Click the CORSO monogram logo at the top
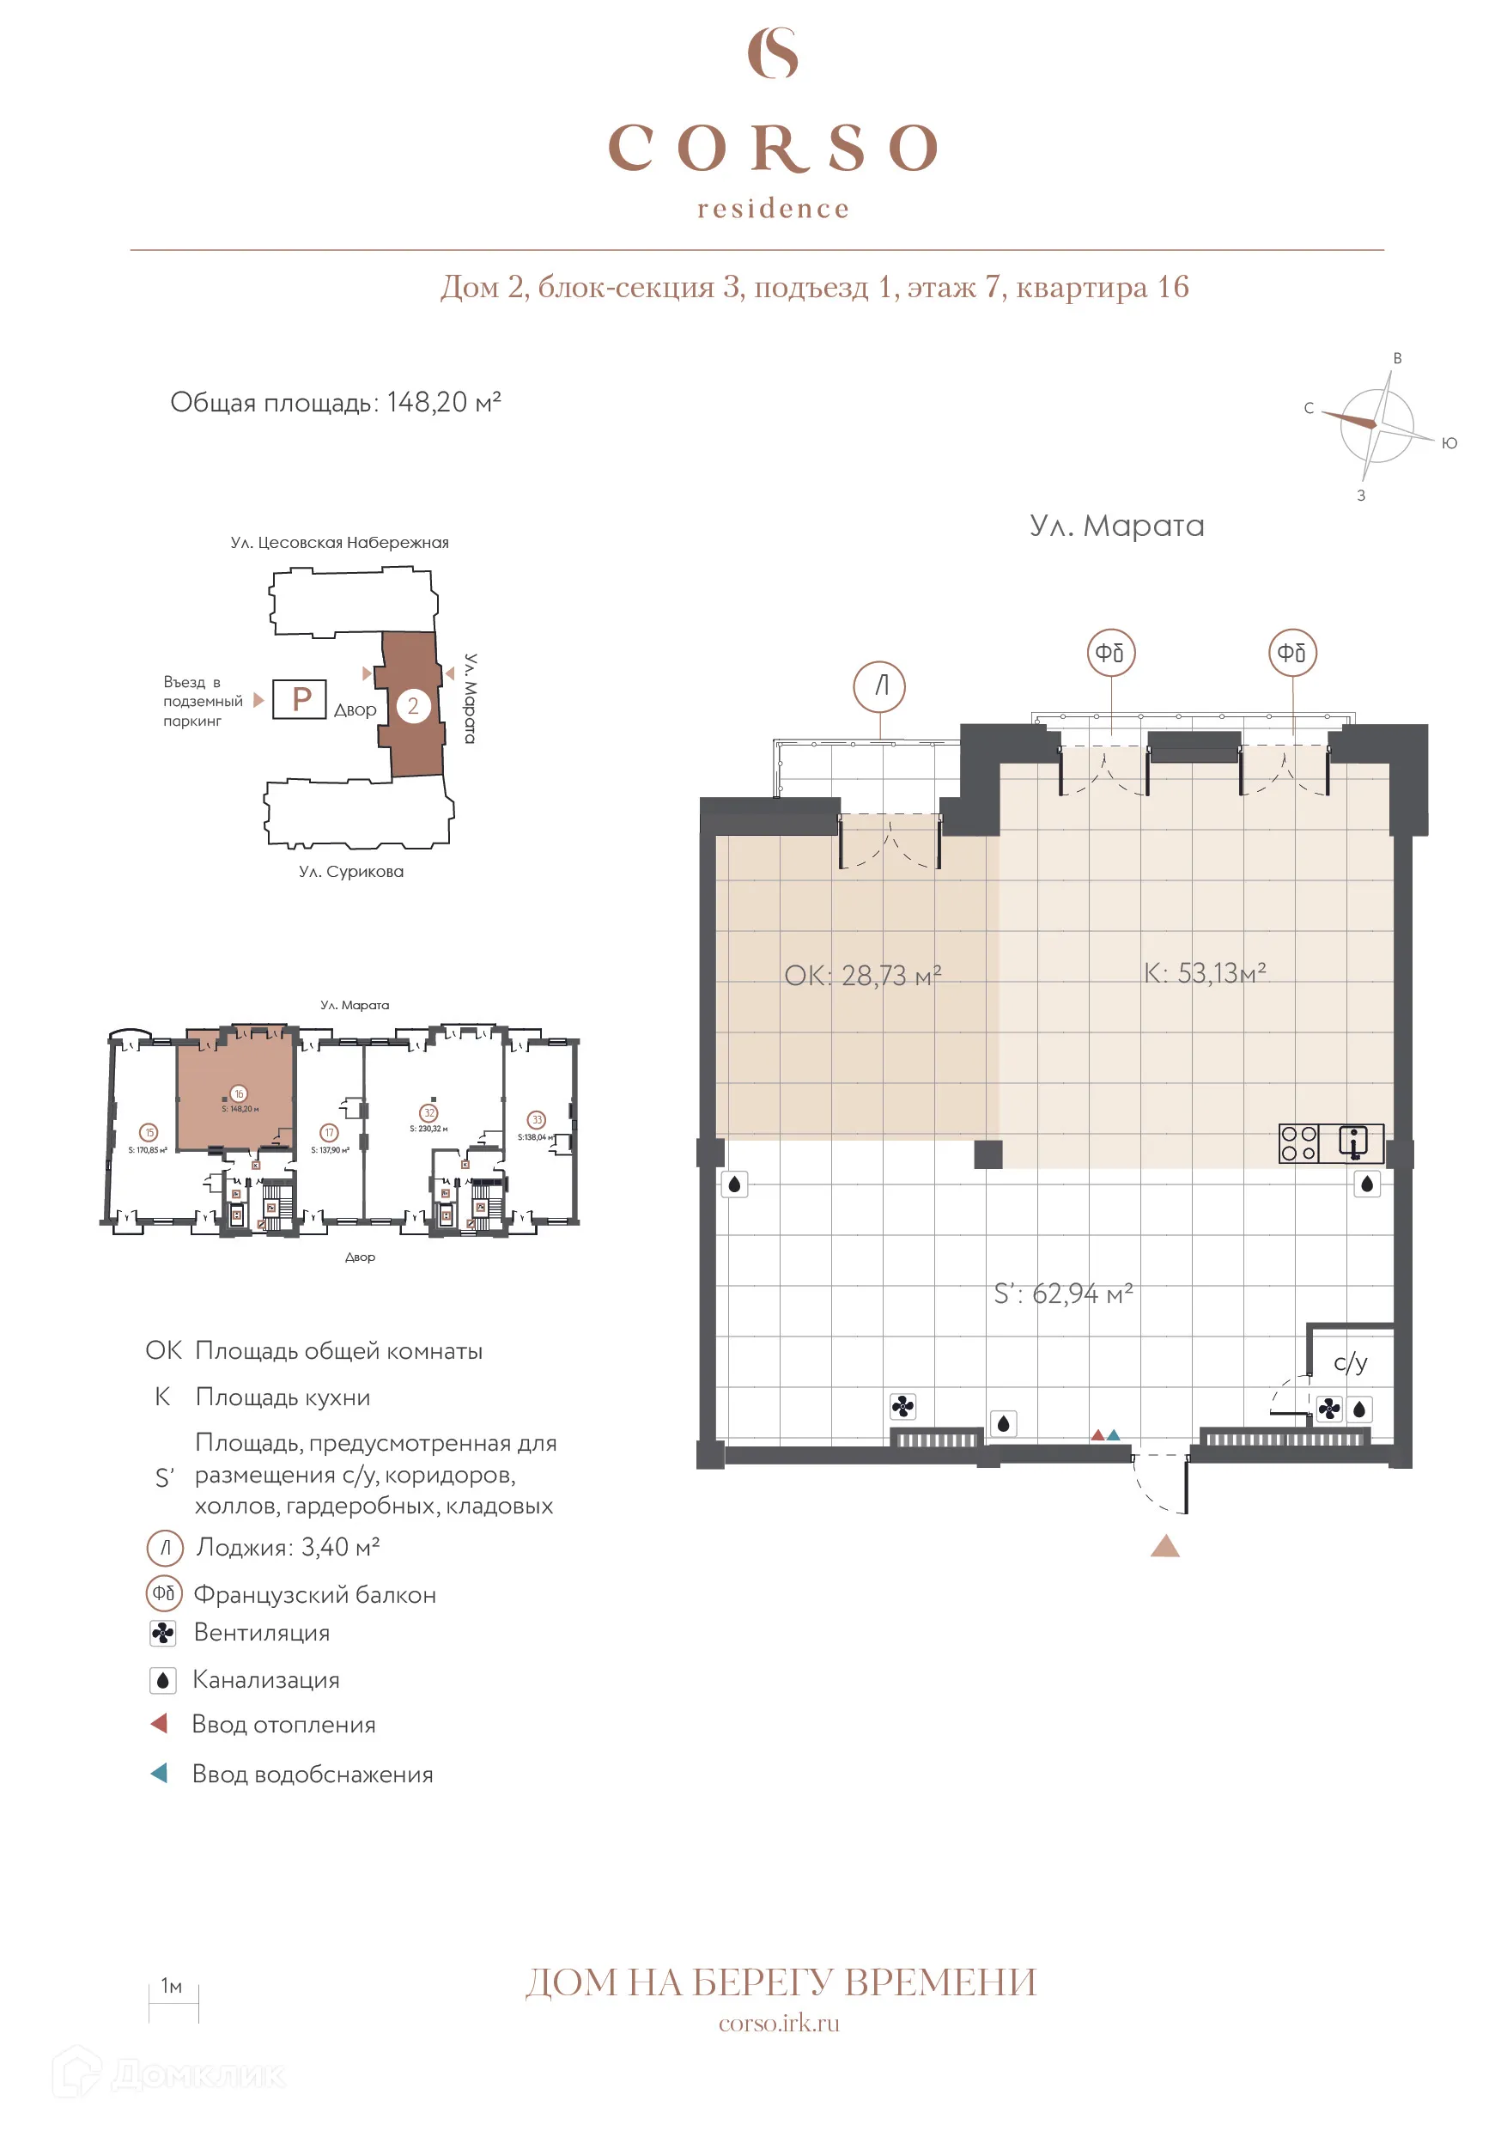(x=772, y=53)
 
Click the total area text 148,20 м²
(x=335, y=402)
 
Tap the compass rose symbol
(x=1377, y=425)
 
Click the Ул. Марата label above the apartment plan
(x=1116, y=526)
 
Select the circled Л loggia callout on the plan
(x=878, y=686)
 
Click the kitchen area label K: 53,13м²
(x=1204, y=972)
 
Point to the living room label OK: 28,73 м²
(x=862, y=976)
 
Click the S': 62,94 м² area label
(x=1062, y=1293)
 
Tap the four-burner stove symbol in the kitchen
(x=1298, y=1143)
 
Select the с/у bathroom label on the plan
(x=1350, y=1361)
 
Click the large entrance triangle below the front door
(x=1164, y=1545)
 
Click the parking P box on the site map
(x=300, y=699)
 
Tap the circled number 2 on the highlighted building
(x=413, y=705)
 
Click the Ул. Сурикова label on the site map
(x=350, y=872)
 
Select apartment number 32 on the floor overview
(x=428, y=1113)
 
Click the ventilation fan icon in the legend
(x=163, y=1634)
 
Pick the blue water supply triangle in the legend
(x=160, y=1773)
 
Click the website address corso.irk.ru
(x=779, y=2024)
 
